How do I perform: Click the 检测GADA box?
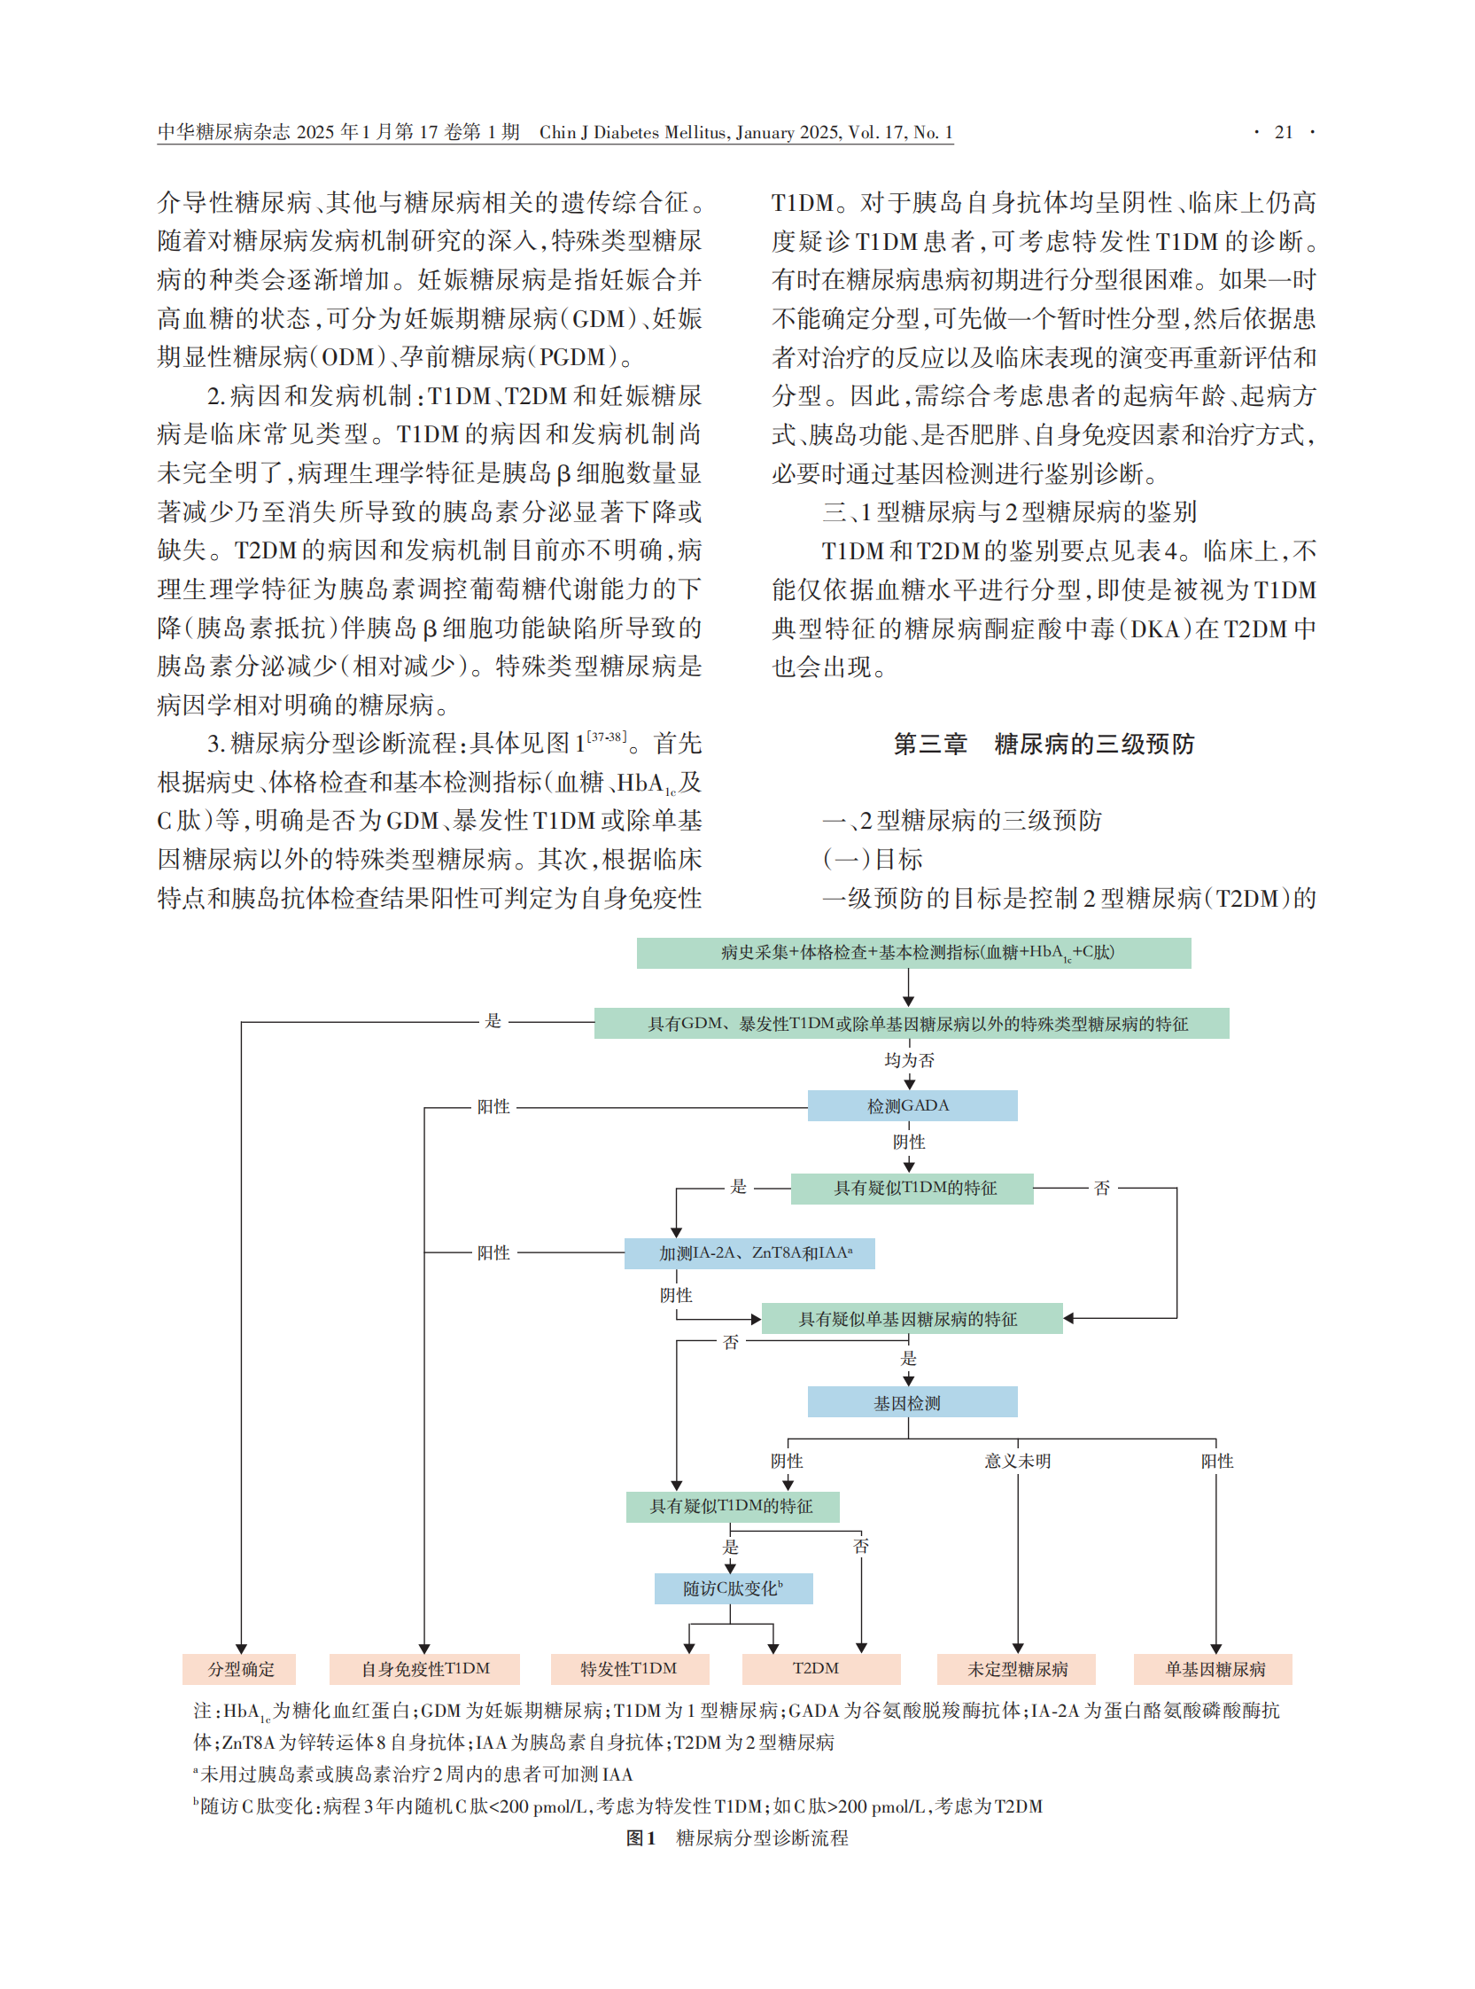[912, 1105]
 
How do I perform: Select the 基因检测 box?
[912, 1402]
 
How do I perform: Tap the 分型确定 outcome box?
[239, 1668]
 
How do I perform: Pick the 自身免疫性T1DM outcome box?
[424, 1668]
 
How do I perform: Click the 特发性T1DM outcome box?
[630, 1668]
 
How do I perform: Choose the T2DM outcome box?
[819, 1668]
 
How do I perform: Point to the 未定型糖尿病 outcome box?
[1016, 1668]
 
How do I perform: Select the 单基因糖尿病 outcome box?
[1213, 1668]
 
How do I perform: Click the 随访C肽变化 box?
[733, 1589]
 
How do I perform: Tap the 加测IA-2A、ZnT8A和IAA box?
[749, 1253]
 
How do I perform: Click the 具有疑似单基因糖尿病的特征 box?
[912, 1319]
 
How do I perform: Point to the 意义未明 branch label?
[1017, 1461]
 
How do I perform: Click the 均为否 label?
[909, 1060]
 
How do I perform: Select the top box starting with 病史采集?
[913, 953]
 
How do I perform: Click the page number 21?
[1283, 132]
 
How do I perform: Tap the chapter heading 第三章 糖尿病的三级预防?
[1043, 744]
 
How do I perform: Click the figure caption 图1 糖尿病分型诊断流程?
[736, 1838]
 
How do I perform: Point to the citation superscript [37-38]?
[606, 737]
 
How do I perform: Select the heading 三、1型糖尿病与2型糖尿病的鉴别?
[1009, 511]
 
